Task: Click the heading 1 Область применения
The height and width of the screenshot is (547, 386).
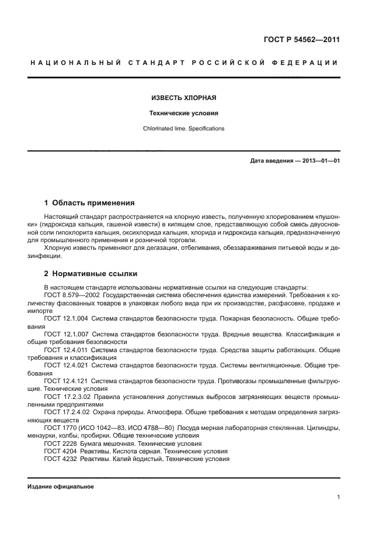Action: [x=89, y=203]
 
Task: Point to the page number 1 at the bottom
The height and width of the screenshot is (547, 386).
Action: [x=338, y=498]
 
